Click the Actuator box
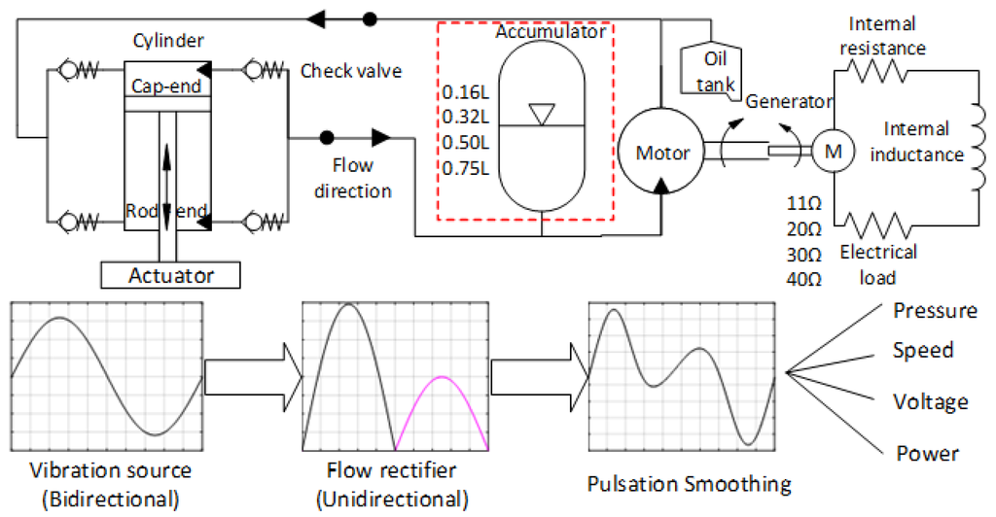click(170, 275)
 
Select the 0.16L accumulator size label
click(465, 93)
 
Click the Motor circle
click(661, 153)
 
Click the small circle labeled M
click(832, 151)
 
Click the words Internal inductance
click(923, 142)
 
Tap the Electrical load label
click(877, 263)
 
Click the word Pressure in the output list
click(935, 311)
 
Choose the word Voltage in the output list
click(931, 401)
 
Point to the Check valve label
click(351, 71)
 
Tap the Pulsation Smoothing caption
click(689, 483)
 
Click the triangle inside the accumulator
click(542, 115)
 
